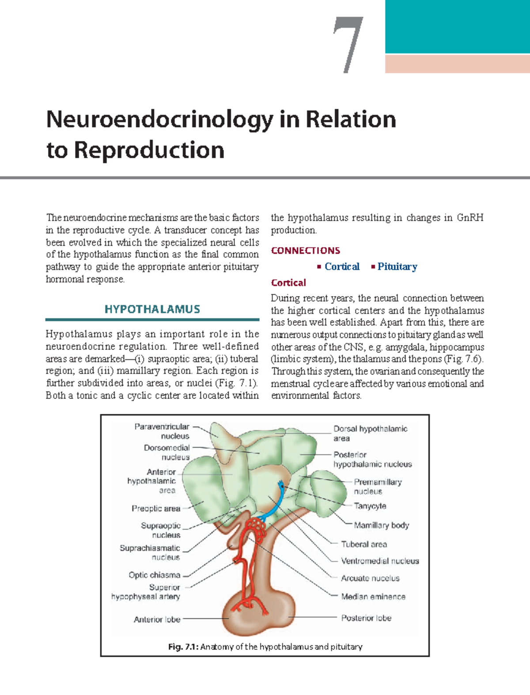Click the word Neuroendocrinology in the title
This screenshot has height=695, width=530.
[159, 119]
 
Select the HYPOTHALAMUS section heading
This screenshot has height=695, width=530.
[152, 309]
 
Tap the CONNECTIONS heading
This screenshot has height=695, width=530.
[306, 251]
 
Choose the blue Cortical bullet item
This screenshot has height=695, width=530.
[342, 267]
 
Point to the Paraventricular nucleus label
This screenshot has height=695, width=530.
[162, 431]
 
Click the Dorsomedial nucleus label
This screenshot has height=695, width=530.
[167, 452]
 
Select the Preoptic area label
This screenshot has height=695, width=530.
[156, 508]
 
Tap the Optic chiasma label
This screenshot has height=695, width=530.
[155, 575]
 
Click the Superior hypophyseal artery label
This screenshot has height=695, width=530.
[146, 592]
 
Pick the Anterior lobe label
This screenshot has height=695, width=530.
[157, 619]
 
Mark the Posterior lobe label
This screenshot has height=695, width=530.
[366, 618]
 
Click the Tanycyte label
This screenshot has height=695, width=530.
[370, 506]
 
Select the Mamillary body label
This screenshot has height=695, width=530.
[382, 525]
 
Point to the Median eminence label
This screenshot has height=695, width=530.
[373, 596]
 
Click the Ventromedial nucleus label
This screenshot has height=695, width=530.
[380, 561]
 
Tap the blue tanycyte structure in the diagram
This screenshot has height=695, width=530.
[277, 500]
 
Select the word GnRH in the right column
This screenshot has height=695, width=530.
[470, 218]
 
